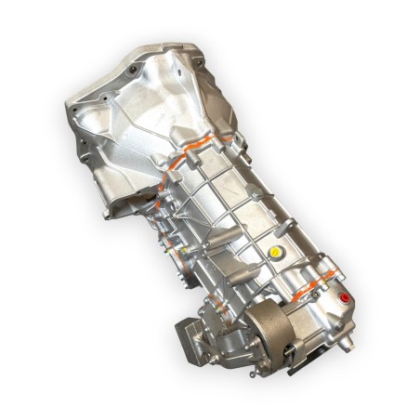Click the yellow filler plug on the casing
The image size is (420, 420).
274,252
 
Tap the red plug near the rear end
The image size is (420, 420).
345,298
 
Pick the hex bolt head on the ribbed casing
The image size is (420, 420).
252,193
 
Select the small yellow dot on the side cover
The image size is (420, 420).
184,249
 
